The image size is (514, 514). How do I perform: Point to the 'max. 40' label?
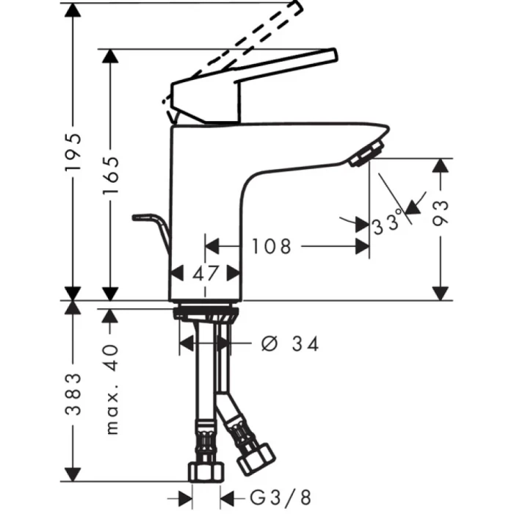[111, 389]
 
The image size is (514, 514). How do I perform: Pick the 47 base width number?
[206, 273]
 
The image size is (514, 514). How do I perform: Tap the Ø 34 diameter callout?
[290, 343]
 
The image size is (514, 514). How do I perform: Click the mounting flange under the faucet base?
[206, 314]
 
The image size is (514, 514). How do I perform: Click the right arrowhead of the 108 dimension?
[362, 247]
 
